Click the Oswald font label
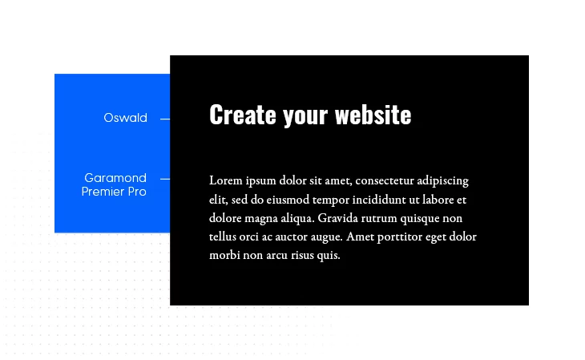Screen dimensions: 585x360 [x=125, y=118]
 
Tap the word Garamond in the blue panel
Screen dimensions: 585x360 [x=115, y=178]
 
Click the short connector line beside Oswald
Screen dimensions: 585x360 [x=165, y=119]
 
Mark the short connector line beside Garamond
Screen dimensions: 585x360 [x=165, y=180]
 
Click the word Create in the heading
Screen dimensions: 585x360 [x=243, y=115]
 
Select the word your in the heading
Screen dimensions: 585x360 [x=305, y=116]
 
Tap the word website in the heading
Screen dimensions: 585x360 [x=373, y=115]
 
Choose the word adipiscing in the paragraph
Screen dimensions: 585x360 [x=442, y=181]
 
